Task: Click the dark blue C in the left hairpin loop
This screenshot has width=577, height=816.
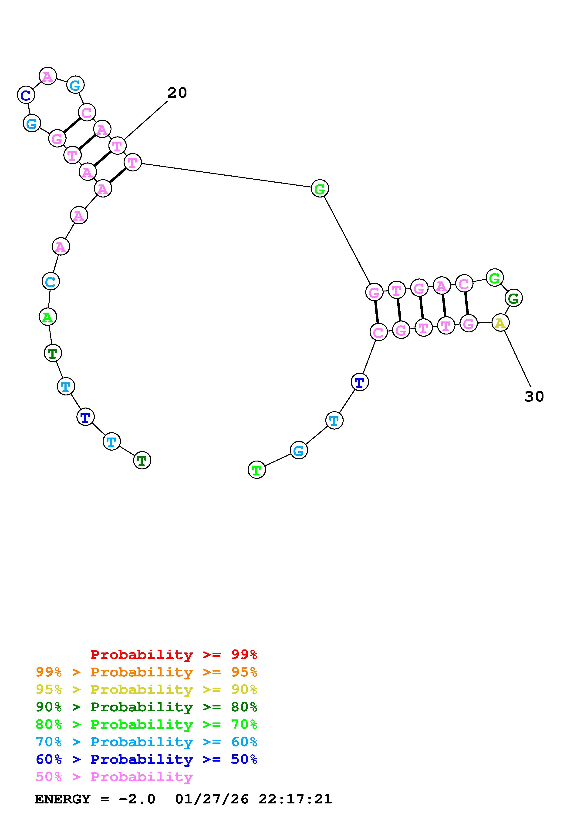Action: (x=26, y=95)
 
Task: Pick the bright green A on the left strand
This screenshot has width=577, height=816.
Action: (x=48, y=317)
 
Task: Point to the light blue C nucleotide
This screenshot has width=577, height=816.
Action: (x=51, y=281)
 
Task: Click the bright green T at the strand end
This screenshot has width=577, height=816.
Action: (x=256, y=470)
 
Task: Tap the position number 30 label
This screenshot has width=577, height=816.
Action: (x=534, y=397)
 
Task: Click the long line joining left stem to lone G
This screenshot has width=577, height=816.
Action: (x=226, y=176)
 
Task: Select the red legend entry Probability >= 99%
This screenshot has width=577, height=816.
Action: (x=174, y=655)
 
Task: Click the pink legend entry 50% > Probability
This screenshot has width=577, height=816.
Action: (x=114, y=776)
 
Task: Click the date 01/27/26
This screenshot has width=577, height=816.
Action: (x=212, y=799)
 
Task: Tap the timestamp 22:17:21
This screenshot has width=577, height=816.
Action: (x=295, y=799)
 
